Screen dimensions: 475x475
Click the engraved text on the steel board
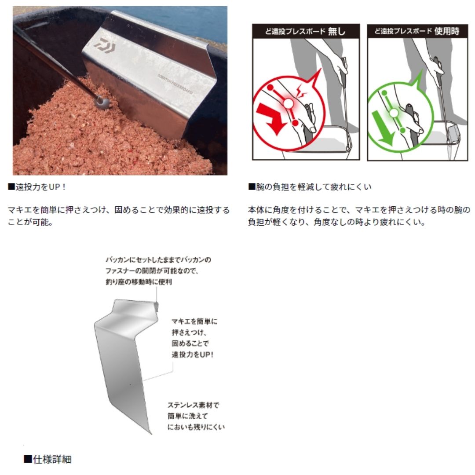tap(175, 84)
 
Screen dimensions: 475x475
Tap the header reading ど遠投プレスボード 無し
tap(305, 31)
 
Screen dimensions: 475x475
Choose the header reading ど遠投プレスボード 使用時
tap(417, 31)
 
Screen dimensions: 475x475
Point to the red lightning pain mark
tap(301, 91)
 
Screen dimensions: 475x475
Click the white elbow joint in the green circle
tap(394, 113)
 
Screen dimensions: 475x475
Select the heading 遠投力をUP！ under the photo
tap(37, 187)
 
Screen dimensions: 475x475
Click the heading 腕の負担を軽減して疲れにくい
tap(310, 187)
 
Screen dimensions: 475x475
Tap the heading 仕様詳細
tap(48, 460)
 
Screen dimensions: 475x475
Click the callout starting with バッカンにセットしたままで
tap(158, 271)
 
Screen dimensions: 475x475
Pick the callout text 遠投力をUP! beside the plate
tap(193, 354)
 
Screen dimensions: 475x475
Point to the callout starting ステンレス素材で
tap(196, 416)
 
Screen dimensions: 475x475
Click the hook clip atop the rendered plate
tap(157, 307)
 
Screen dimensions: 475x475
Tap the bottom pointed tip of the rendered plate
tap(150, 433)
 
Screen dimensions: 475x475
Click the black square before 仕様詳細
tap(28, 459)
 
